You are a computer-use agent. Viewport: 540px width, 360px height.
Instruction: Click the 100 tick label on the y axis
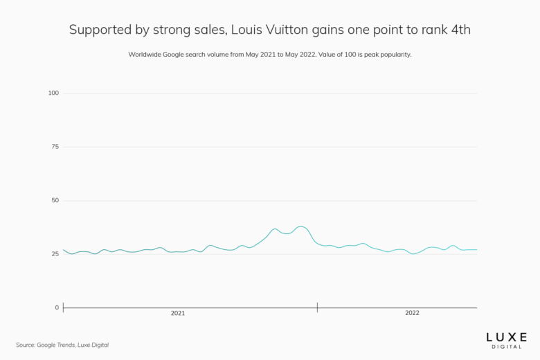pyautogui.click(x=53, y=93)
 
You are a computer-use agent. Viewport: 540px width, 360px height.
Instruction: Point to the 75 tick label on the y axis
pyautogui.click(x=55, y=147)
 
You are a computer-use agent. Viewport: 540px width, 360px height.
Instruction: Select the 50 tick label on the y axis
pyautogui.click(x=55, y=200)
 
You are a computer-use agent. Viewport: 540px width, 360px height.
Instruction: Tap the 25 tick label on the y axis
pyautogui.click(x=55, y=254)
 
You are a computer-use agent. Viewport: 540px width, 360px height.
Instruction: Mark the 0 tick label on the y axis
pyautogui.click(x=57, y=307)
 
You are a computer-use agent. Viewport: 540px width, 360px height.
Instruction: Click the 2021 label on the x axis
pyautogui.click(x=178, y=314)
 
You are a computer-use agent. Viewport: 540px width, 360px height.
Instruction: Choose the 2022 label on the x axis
pyautogui.click(x=412, y=314)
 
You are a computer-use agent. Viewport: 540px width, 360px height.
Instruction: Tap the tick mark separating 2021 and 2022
pyautogui.click(x=317, y=307)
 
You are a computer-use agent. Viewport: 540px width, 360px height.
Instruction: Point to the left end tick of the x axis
pyautogui.click(x=63, y=307)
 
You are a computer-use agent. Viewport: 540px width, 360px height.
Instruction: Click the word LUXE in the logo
pyautogui.click(x=506, y=335)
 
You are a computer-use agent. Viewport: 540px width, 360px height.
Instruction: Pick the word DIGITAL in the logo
pyautogui.click(x=506, y=345)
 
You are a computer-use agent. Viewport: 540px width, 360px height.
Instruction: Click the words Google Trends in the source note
pyautogui.click(x=55, y=345)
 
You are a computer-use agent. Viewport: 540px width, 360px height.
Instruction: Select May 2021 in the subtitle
pyautogui.click(x=262, y=54)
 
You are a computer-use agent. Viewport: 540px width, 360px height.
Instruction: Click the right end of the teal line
pyautogui.click(x=477, y=250)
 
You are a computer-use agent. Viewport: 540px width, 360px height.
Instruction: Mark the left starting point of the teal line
pyautogui.click(x=63, y=250)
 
